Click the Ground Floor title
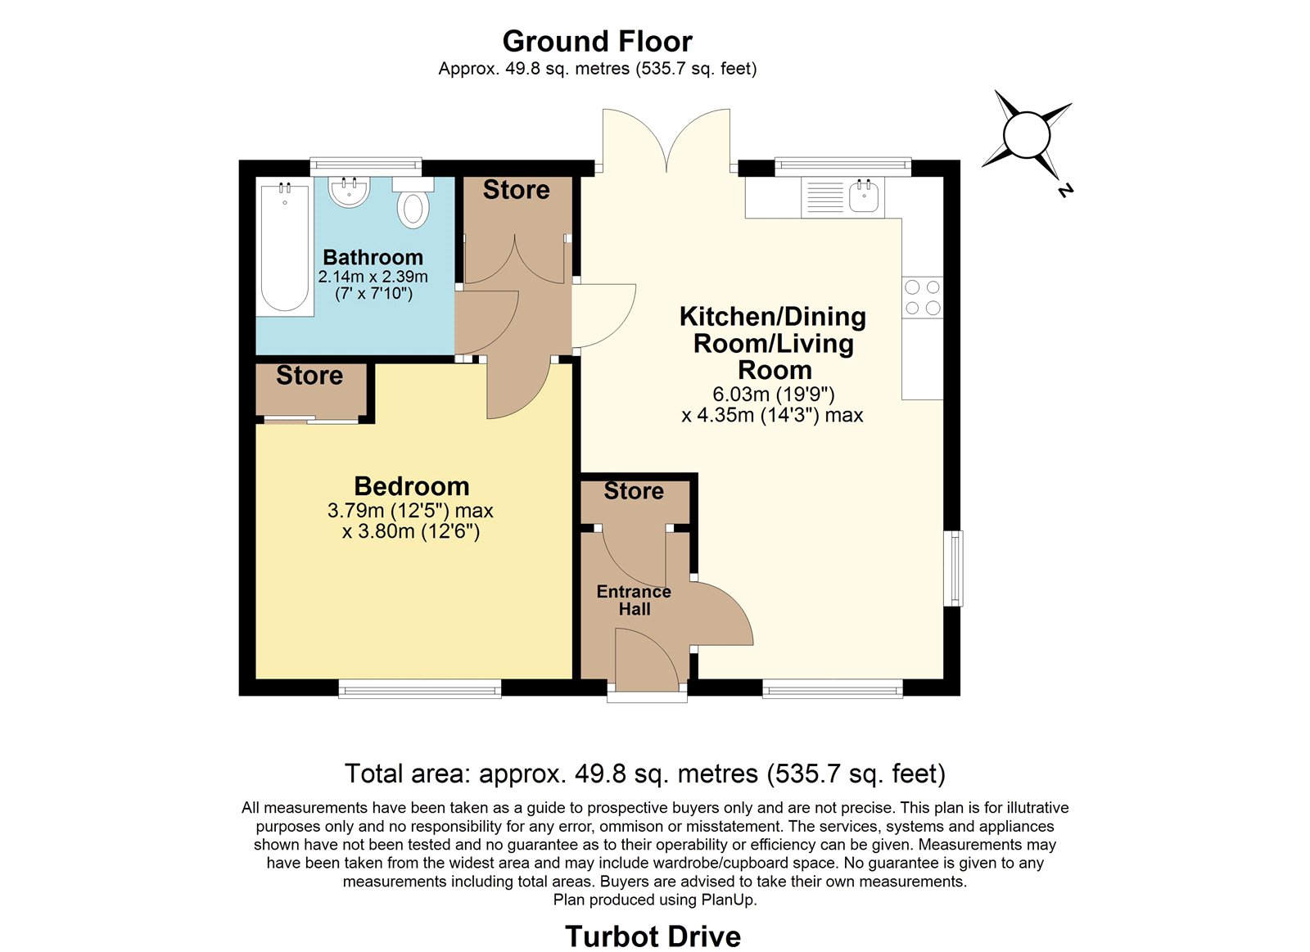[597, 42]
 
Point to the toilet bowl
[413, 210]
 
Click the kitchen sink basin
[864, 196]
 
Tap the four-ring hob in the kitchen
[923, 298]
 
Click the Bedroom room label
[412, 486]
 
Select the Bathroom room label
[373, 257]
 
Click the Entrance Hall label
[634, 600]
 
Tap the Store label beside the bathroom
[517, 189]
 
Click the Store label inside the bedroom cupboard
[309, 376]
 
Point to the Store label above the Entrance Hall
[634, 490]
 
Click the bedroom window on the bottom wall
[420, 688]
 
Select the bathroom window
[366, 167]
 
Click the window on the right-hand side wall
[953, 568]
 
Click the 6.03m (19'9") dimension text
[773, 394]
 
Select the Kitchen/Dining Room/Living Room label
[773, 343]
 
